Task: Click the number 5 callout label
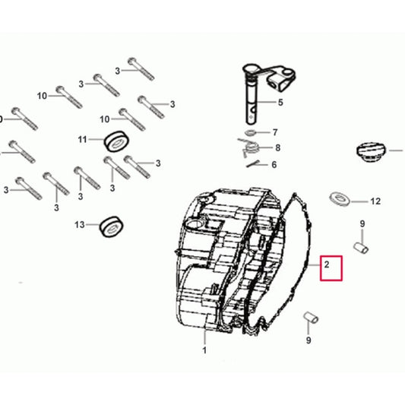[280, 103]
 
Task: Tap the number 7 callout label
[275, 132]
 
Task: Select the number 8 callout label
[277, 148]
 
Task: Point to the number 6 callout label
[274, 165]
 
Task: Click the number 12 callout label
[375, 201]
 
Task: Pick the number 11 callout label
[82, 140]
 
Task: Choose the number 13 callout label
[80, 225]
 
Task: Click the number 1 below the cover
[204, 350]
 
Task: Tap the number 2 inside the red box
[327, 264]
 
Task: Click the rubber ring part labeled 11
[116, 141]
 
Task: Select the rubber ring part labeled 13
[111, 226]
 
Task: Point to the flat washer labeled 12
[340, 199]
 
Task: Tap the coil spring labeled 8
[248, 147]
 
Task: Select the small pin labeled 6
[253, 164]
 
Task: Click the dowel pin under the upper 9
[361, 248]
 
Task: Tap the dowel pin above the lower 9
[311, 318]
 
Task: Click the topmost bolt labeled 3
[141, 69]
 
